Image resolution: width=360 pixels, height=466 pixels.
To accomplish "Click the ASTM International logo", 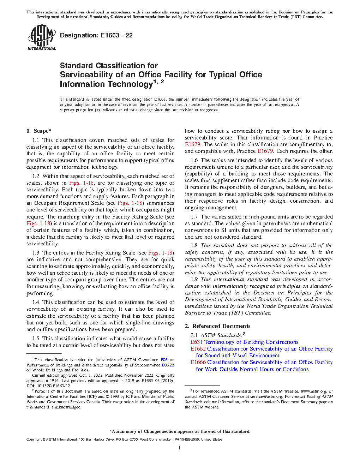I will [41, 37].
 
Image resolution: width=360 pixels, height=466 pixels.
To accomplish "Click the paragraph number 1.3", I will [36, 253].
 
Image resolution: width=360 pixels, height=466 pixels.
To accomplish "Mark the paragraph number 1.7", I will [194, 217].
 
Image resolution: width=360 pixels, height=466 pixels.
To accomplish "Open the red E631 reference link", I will [197, 342].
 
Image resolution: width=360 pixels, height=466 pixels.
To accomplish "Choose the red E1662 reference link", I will [198, 349].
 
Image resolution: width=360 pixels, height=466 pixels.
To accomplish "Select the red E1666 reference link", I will [198, 362].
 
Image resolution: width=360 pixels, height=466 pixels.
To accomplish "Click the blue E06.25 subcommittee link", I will [168, 365].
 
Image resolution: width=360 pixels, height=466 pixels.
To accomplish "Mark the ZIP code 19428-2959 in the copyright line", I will [190, 440].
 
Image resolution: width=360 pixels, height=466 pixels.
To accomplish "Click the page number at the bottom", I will [180, 448].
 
